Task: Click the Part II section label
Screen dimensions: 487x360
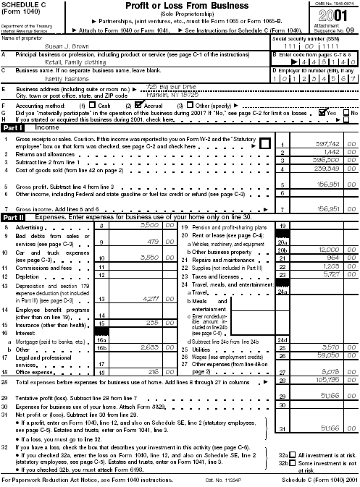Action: pyautogui.click(x=14, y=216)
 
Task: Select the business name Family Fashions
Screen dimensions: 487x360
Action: pyautogui.click(x=66, y=77)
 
